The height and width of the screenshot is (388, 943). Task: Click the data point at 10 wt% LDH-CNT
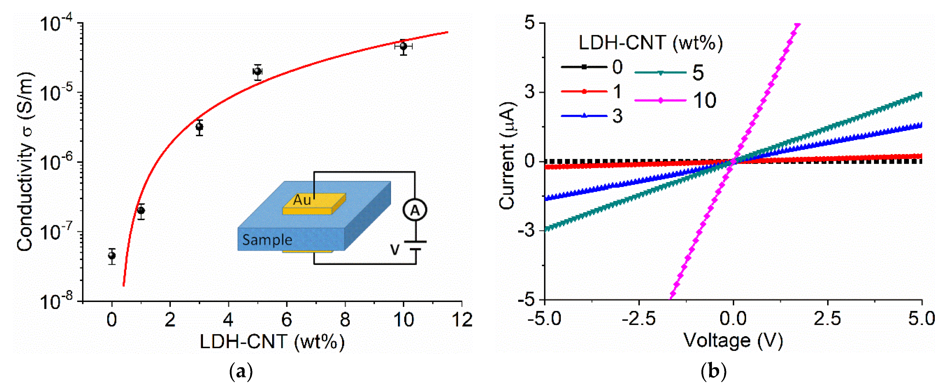403,46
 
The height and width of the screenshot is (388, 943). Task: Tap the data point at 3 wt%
199,127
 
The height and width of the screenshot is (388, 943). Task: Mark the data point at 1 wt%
141,210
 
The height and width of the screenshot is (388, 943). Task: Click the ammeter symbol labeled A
415,210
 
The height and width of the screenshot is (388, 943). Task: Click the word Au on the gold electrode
302,200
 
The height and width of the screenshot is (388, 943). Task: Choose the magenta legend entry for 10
676,100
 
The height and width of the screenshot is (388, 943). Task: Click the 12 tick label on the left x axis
462,320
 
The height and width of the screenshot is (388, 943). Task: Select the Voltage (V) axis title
733,340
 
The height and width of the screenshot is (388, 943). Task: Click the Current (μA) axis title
507,155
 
